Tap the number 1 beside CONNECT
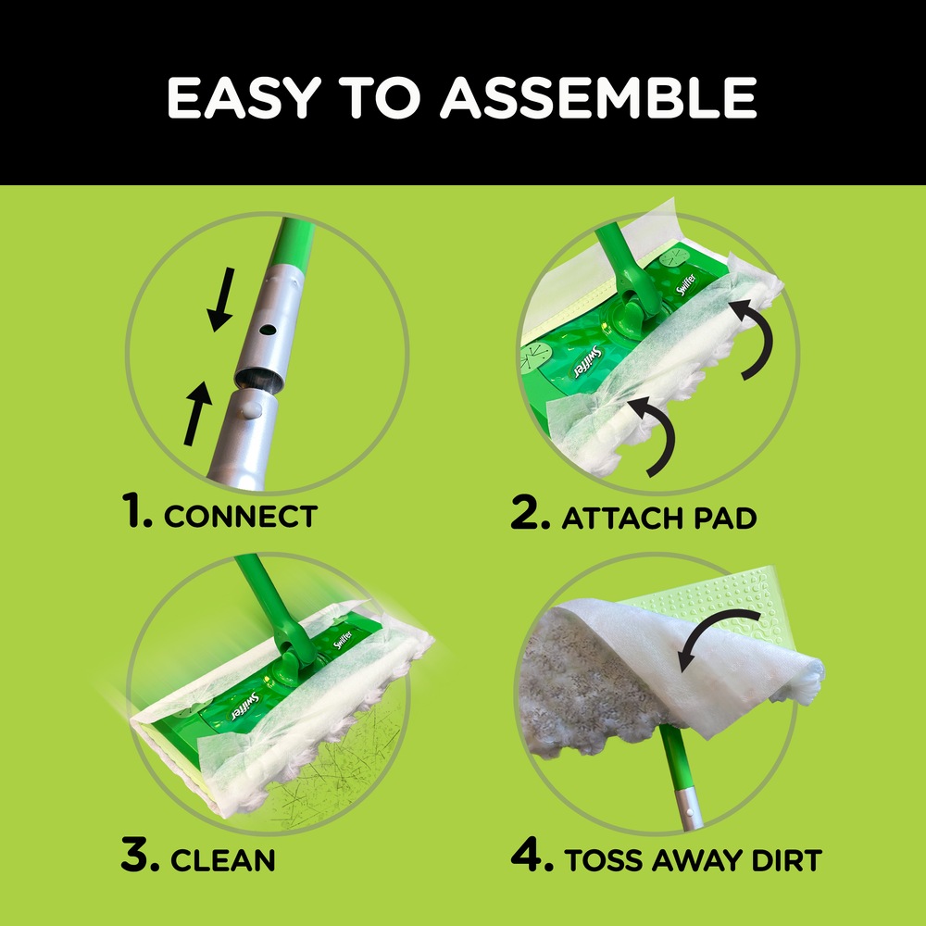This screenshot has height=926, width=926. pyautogui.click(x=136, y=513)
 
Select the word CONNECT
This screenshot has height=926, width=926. pyautogui.click(x=240, y=516)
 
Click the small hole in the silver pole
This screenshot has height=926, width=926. pyautogui.click(x=268, y=328)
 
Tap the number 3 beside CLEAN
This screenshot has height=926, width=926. pyautogui.click(x=140, y=857)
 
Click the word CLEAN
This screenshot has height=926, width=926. pyautogui.click(x=222, y=859)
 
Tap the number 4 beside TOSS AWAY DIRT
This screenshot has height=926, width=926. pyautogui.click(x=530, y=857)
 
